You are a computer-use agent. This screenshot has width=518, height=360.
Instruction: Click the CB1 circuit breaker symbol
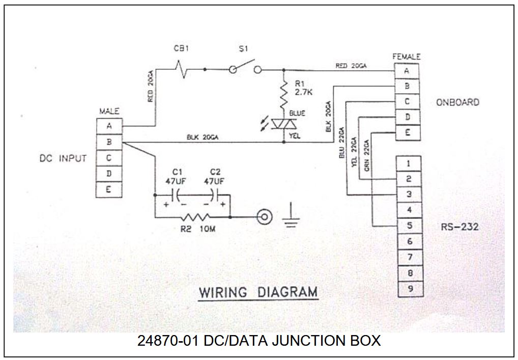click(182, 68)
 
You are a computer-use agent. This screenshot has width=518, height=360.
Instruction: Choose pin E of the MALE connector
click(109, 190)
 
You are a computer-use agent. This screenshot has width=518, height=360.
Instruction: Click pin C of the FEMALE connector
click(407, 102)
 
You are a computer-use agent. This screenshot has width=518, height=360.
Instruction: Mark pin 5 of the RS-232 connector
click(409, 226)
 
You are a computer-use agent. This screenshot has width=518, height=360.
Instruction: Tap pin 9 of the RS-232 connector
click(409, 289)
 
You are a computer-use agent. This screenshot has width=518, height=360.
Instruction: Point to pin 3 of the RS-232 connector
click(409, 195)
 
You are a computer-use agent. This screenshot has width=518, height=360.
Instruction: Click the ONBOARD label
click(457, 102)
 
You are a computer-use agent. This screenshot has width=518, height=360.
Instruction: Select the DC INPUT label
click(63, 158)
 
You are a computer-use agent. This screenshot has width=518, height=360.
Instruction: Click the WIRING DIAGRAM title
click(258, 293)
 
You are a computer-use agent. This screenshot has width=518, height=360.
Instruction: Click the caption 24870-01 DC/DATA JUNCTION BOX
click(258, 340)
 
